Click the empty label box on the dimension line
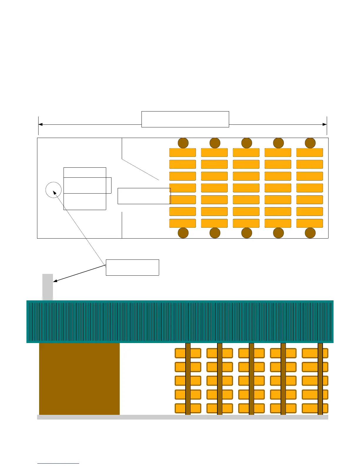185,119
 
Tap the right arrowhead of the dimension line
325,124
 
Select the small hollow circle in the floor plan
54,190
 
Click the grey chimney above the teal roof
48,287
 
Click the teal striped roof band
180,322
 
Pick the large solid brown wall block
79,379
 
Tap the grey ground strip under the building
182,417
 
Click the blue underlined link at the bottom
58,463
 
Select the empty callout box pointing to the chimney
132,267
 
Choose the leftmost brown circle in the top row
183,143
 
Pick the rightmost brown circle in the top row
310,143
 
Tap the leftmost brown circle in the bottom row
183,233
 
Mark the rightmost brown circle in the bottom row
310,233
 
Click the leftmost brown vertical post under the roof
188,379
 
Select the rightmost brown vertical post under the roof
320,379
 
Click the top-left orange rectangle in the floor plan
183,152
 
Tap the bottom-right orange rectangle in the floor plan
310,223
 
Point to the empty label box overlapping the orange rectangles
144,196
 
